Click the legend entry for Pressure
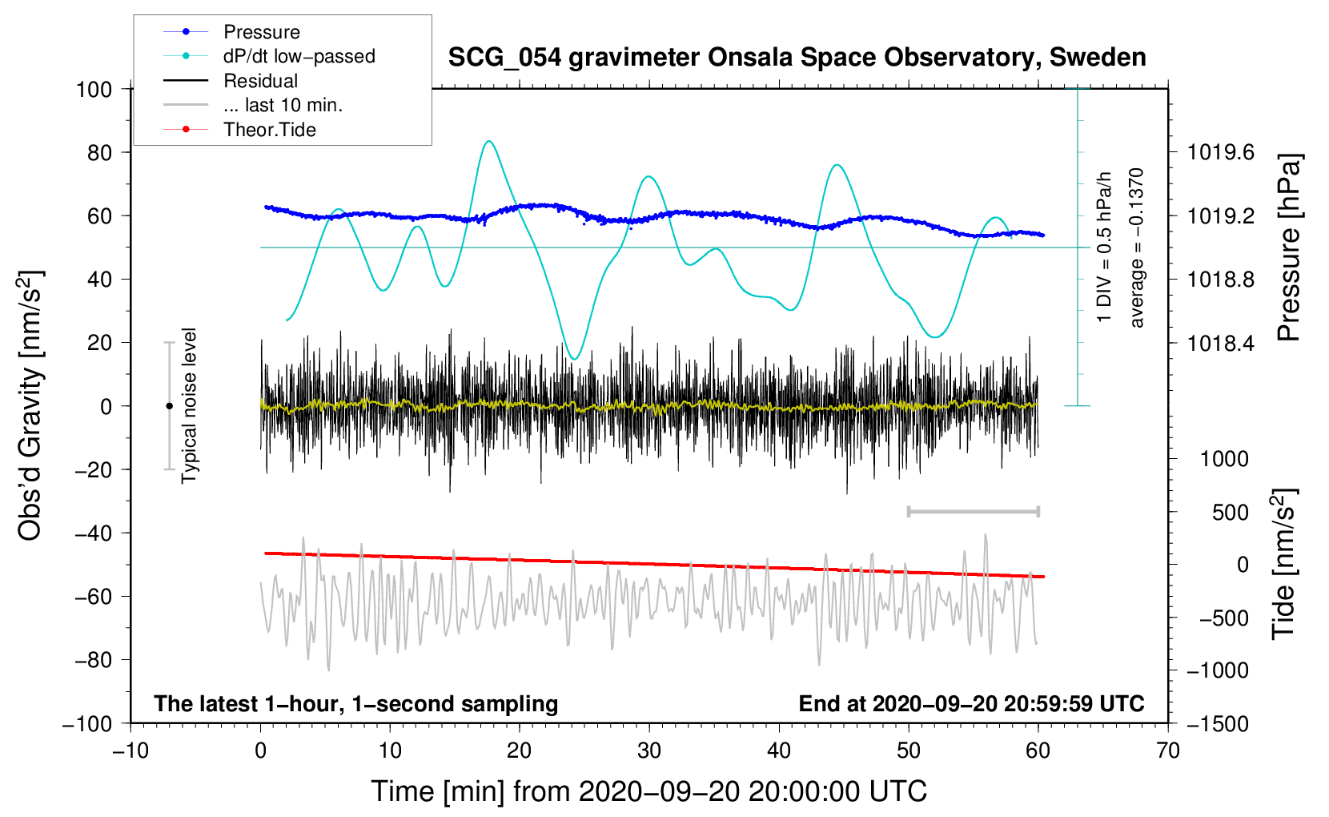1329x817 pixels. pyautogui.click(x=261, y=32)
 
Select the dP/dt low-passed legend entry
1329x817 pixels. pyautogui.click(x=299, y=56)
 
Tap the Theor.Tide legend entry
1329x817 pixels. pyautogui.click(x=269, y=130)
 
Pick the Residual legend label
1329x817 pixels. pyautogui.click(x=260, y=81)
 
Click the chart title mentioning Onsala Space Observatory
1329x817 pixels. pyautogui.click(x=797, y=58)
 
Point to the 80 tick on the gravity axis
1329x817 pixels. pyautogui.click(x=94, y=152)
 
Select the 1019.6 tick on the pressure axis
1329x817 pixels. pyautogui.click(x=1221, y=152)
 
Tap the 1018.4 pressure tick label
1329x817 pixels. pyautogui.click(x=1221, y=343)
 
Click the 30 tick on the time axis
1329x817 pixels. pyautogui.click(x=649, y=751)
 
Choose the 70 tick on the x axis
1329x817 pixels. pyautogui.click(x=1168, y=751)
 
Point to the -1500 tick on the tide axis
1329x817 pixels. pyautogui.click(x=1217, y=723)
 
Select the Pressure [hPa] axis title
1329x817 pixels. pyautogui.click(x=1288, y=248)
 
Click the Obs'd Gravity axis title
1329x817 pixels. pyautogui.click(x=30, y=406)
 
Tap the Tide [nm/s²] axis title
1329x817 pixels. pyautogui.click(x=1283, y=565)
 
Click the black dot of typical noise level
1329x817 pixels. pyautogui.click(x=169, y=406)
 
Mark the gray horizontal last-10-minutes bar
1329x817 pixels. pyautogui.click(x=973, y=511)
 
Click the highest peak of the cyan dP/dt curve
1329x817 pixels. pyautogui.click(x=488, y=142)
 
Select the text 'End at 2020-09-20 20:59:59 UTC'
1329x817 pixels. pyautogui.click(x=971, y=703)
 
